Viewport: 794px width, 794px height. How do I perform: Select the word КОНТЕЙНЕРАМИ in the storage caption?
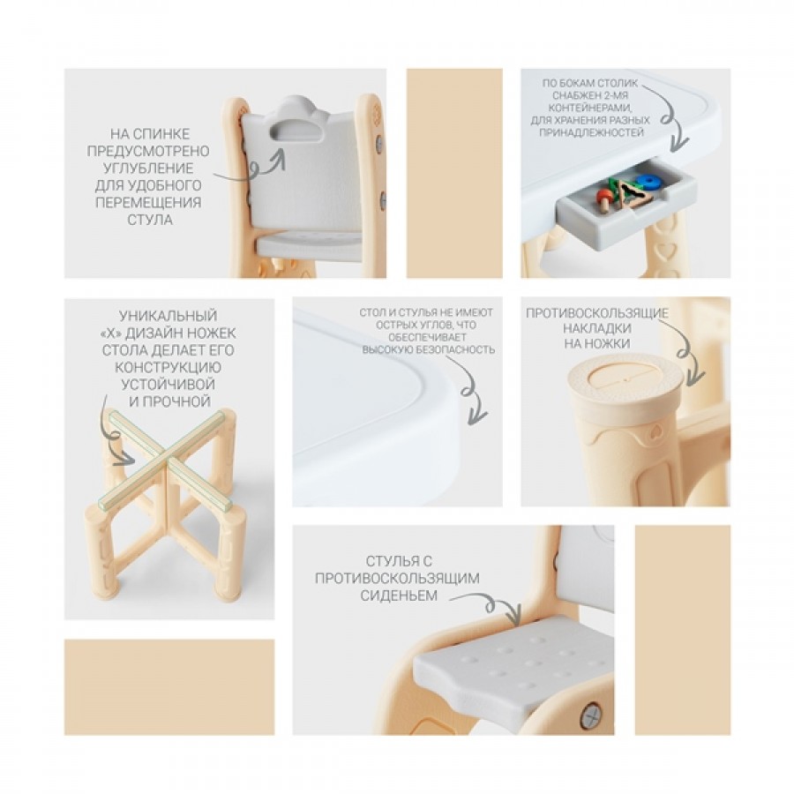(590, 108)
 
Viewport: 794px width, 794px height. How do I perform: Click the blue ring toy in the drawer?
(646, 181)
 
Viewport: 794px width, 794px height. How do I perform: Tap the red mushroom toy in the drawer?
(603, 199)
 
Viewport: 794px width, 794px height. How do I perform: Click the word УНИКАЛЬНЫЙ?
(169, 316)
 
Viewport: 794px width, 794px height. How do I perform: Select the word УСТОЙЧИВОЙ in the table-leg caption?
(169, 385)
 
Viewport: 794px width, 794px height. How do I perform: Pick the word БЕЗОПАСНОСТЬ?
(455, 350)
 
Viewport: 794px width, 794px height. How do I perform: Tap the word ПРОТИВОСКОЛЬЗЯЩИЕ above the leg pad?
(597, 313)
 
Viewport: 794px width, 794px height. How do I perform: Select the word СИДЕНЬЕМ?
(399, 595)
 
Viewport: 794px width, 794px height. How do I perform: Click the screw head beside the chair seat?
(591, 716)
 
